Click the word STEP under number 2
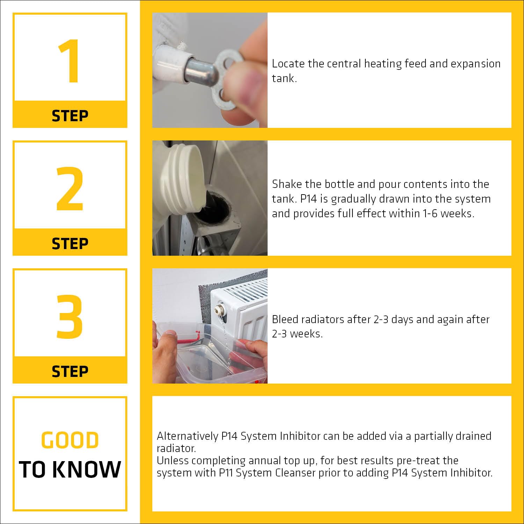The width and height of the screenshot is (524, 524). pos(70,243)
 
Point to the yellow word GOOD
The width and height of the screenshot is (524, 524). pos(70,440)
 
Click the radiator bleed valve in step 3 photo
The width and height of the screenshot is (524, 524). pos(220,309)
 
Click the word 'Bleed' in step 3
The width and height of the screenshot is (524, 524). pos(285,319)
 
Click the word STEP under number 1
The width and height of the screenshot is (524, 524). pos(70,116)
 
